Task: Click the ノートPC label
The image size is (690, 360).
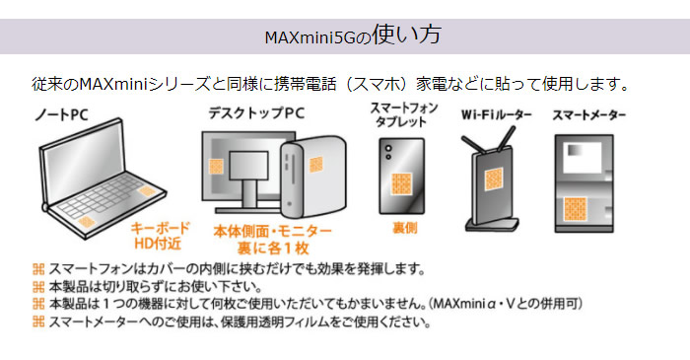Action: click(61, 114)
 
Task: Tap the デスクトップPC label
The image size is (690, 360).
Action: click(256, 113)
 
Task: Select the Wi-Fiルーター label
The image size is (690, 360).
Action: click(497, 114)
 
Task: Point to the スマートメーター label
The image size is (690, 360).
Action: click(588, 115)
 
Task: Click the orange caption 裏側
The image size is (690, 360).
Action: click(404, 228)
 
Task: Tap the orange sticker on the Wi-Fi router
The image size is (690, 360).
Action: click(494, 180)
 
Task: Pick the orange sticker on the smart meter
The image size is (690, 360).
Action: click(575, 209)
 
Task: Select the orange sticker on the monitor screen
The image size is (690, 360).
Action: click(216, 167)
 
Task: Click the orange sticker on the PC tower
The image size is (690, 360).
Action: click(316, 165)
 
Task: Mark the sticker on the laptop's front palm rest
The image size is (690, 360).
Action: click(87, 221)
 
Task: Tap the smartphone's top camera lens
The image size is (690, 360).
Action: click(388, 148)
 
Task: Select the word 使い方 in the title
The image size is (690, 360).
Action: click(406, 35)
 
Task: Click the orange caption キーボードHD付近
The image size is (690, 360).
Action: click(160, 236)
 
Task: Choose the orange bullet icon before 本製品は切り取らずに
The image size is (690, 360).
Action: click(38, 287)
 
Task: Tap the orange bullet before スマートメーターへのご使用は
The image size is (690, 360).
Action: click(38, 322)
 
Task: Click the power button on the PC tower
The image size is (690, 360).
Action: click(289, 204)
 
